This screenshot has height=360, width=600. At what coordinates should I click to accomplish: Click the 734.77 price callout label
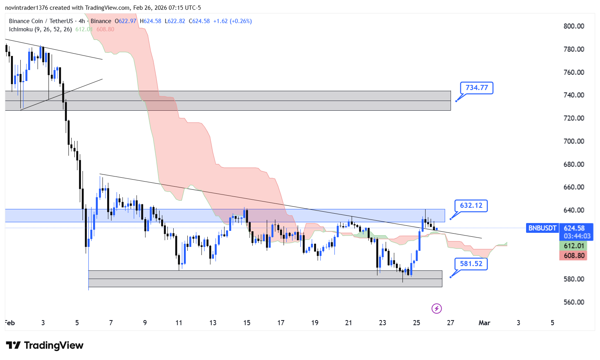pos(476,88)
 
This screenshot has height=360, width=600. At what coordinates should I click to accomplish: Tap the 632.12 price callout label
pos(471,205)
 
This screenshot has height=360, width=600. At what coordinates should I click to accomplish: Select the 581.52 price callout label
pos(471,264)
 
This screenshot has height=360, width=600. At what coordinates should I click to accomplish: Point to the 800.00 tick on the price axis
pos(574,26)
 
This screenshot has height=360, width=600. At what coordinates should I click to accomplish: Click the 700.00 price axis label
pos(574,141)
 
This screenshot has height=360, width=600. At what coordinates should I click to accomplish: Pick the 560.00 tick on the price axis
pos(574,302)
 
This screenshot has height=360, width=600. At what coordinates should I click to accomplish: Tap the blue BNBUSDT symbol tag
pos(542,228)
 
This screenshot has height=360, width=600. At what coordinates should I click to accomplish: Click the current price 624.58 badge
pos(574,228)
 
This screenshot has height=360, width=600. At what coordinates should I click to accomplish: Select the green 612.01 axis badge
pos(574,246)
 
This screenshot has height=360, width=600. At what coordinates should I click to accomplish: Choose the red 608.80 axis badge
pos(574,256)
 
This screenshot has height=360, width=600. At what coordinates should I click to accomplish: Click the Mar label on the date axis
pos(484,323)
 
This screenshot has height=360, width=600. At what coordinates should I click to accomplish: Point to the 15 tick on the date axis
pos(247,323)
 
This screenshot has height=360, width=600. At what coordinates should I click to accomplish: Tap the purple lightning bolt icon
pos(437,309)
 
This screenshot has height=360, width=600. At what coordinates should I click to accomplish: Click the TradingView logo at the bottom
pos(45,345)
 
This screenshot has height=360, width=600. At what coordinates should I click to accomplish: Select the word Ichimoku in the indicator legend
pos(21,29)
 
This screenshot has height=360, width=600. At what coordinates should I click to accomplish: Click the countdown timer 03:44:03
pos(577,236)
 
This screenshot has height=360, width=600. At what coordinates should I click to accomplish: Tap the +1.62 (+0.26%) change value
pos(232,21)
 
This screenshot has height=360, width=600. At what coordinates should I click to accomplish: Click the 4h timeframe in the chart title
pos(82,21)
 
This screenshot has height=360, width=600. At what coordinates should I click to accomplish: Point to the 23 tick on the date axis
pos(383,323)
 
